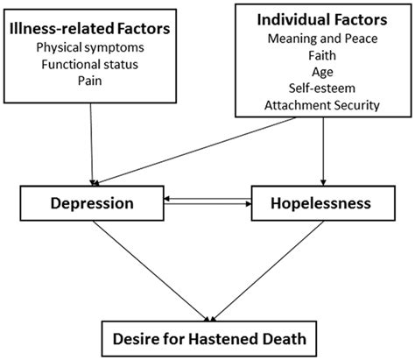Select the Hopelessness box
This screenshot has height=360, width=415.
[x=320, y=203]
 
